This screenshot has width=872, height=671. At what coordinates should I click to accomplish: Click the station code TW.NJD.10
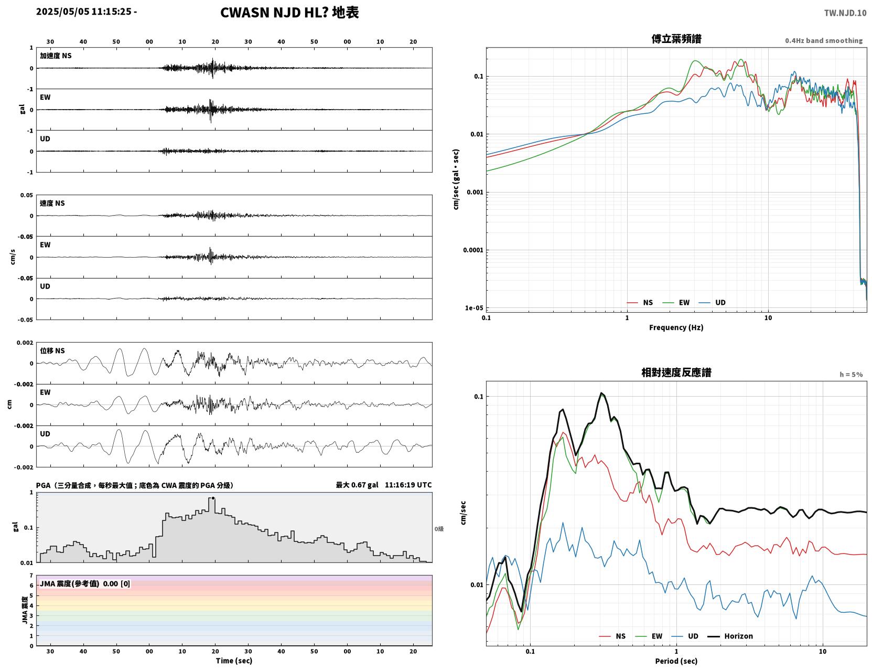(845, 13)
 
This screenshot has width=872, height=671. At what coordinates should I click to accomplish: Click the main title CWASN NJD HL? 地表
(289, 13)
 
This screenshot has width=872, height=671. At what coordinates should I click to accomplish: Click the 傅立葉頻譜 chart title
(676, 39)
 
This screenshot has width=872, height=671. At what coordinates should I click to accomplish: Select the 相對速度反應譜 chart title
(676, 372)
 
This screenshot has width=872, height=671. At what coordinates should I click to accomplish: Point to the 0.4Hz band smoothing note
(823, 40)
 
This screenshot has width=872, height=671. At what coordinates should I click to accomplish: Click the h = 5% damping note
(851, 375)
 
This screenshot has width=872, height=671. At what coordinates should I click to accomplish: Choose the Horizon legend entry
(730, 636)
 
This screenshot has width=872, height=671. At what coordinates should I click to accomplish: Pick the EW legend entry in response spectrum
(649, 636)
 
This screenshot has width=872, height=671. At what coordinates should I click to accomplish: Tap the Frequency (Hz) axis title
(676, 327)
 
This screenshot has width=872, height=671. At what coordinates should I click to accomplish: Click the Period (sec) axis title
(676, 661)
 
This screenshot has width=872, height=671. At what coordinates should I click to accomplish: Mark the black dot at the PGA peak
(213, 498)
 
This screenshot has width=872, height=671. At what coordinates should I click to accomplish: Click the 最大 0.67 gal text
(357, 485)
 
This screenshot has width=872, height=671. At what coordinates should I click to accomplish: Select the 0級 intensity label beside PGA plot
(439, 529)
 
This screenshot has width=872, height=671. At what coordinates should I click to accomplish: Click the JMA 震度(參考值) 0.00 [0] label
(84, 583)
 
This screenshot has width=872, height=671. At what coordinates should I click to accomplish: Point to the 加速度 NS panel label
(56, 56)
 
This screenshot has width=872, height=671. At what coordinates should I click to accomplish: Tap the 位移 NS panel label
(52, 351)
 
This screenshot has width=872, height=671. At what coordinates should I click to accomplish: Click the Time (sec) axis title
(234, 661)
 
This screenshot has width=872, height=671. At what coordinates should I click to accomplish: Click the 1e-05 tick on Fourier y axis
(474, 308)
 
